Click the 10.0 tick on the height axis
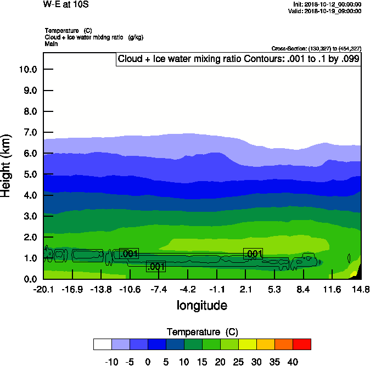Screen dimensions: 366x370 (x=27, y=69)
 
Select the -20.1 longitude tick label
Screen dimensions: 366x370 (x=43, y=289)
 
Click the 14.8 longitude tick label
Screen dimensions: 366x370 (x=361, y=289)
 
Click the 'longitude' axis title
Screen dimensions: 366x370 (x=201, y=305)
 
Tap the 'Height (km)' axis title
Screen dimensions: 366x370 (x=7, y=165)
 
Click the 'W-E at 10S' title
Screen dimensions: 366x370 (x=65, y=4)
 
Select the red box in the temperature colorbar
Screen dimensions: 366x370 (x=301, y=344)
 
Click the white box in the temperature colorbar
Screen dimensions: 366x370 (x=103, y=344)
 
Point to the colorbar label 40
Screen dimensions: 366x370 (x=292, y=362)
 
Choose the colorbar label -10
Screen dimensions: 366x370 (x=111, y=362)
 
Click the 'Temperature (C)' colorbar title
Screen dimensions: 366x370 (x=201, y=332)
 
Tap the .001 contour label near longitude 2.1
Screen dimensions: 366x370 (x=253, y=254)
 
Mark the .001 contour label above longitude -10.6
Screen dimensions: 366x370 (x=129, y=254)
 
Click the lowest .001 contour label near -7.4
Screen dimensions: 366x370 (x=156, y=267)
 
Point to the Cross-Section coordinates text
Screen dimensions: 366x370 (x=316, y=48)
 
